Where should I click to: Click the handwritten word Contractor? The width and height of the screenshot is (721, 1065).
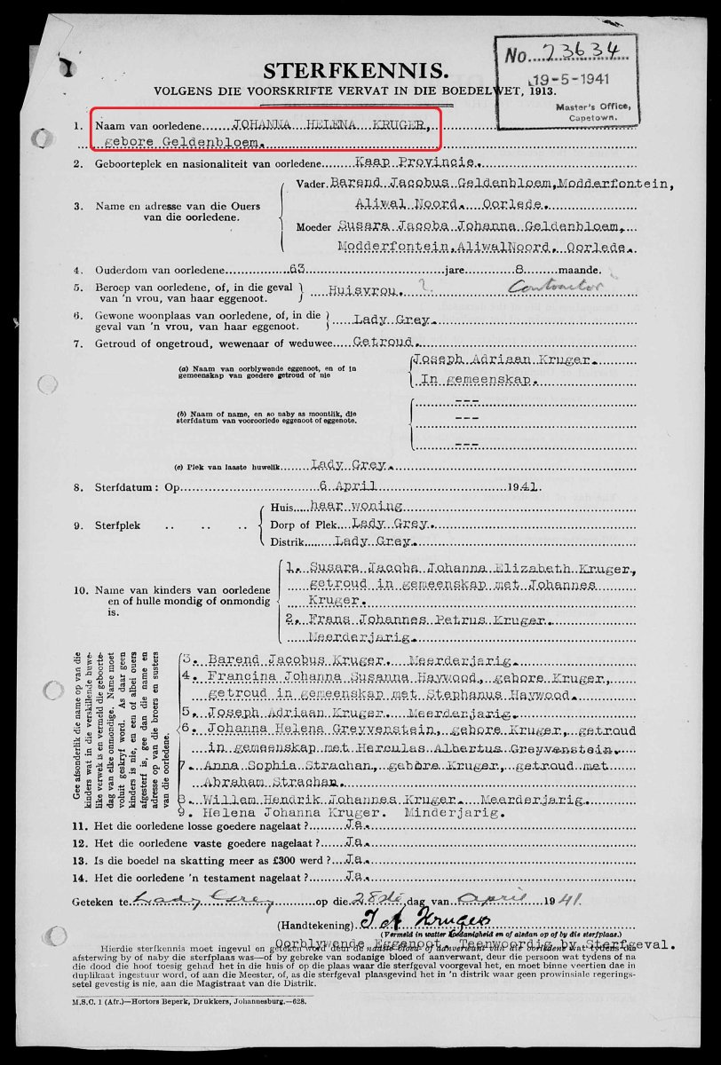[543, 287]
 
